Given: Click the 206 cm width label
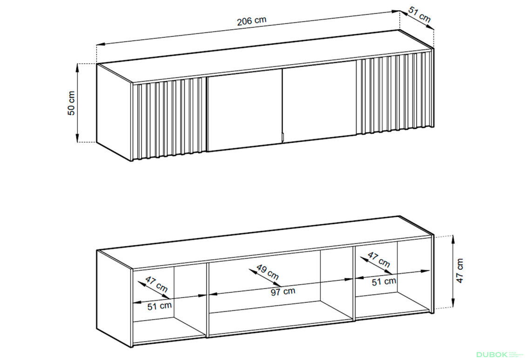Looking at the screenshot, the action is (x=251, y=21).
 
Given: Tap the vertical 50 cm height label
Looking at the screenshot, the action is (x=72, y=103).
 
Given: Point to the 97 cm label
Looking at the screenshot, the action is (x=283, y=292).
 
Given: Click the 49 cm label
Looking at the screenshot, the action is (x=268, y=272).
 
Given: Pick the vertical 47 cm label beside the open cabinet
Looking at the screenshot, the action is (x=459, y=271).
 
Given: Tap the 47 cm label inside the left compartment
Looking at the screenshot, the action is (x=156, y=284).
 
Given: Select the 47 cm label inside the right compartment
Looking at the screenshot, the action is (x=379, y=259).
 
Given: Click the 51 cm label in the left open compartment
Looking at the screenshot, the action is (x=159, y=306).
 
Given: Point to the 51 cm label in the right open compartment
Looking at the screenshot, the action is (x=384, y=281).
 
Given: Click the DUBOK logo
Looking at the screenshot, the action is (x=492, y=354).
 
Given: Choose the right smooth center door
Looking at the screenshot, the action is (x=319, y=102).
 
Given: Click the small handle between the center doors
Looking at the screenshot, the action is (x=283, y=137).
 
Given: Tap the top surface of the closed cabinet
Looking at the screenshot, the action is (x=265, y=56).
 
